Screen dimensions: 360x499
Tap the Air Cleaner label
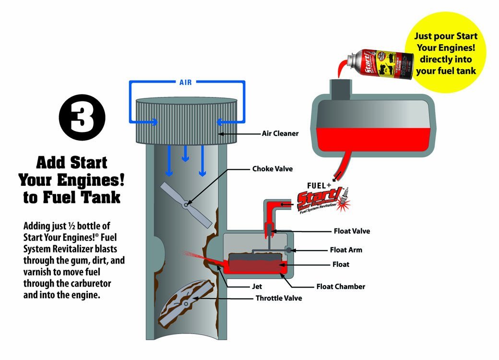(x=280, y=133)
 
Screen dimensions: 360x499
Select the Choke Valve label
(x=272, y=169)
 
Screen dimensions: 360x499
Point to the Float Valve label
(x=352, y=231)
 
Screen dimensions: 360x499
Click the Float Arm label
(x=346, y=250)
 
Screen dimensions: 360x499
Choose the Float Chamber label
(x=341, y=287)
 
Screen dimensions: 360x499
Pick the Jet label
(x=258, y=287)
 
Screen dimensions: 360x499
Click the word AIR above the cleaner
(x=185, y=83)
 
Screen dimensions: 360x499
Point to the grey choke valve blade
(x=185, y=204)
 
